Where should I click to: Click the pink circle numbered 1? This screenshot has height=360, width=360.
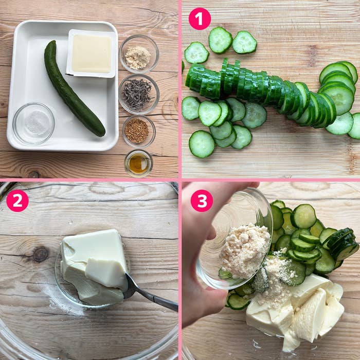click(200, 19)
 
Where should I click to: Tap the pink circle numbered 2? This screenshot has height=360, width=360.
click(17, 201)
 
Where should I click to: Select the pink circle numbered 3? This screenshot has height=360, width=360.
click(202, 201)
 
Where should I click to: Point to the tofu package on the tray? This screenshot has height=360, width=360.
click(92, 53)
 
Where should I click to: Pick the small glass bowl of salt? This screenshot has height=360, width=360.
click(33, 123)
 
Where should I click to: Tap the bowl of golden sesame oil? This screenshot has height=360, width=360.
click(138, 164)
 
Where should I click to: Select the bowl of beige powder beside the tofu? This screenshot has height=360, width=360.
click(139, 54)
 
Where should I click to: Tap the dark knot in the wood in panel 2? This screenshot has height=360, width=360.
click(41, 255)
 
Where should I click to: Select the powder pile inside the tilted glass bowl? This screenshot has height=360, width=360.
click(244, 250)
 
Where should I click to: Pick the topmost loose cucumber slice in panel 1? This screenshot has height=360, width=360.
click(220, 41)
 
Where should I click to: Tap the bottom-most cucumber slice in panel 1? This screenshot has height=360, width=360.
click(202, 144)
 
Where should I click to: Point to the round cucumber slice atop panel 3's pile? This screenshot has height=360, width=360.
click(303, 217)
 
